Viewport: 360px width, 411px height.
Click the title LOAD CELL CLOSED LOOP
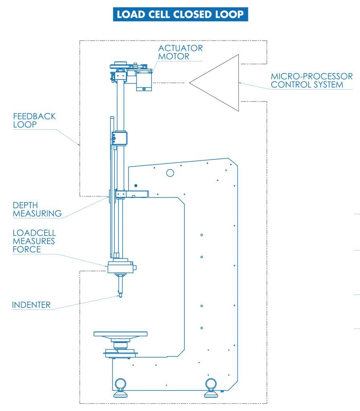[x=180, y=14]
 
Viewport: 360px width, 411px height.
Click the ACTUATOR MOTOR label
[x=180, y=52]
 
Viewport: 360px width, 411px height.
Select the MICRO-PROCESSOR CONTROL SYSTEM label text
[x=311, y=80]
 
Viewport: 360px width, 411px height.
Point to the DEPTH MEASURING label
[x=37, y=209]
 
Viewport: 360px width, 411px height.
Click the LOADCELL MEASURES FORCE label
[x=34, y=241]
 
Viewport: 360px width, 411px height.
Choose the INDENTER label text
[x=31, y=305]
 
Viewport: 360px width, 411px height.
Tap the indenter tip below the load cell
[x=120, y=295]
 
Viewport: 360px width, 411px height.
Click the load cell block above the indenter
[x=120, y=267]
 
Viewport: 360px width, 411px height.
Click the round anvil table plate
[x=120, y=334]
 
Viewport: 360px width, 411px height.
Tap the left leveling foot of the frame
[x=120, y=388]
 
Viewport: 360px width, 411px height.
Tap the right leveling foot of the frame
[x=211, y=388]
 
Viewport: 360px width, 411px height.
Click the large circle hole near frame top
[x=170, y=173]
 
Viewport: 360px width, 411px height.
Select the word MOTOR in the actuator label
[x=174, y=56]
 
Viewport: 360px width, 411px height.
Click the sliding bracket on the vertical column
[x=120, y=138]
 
